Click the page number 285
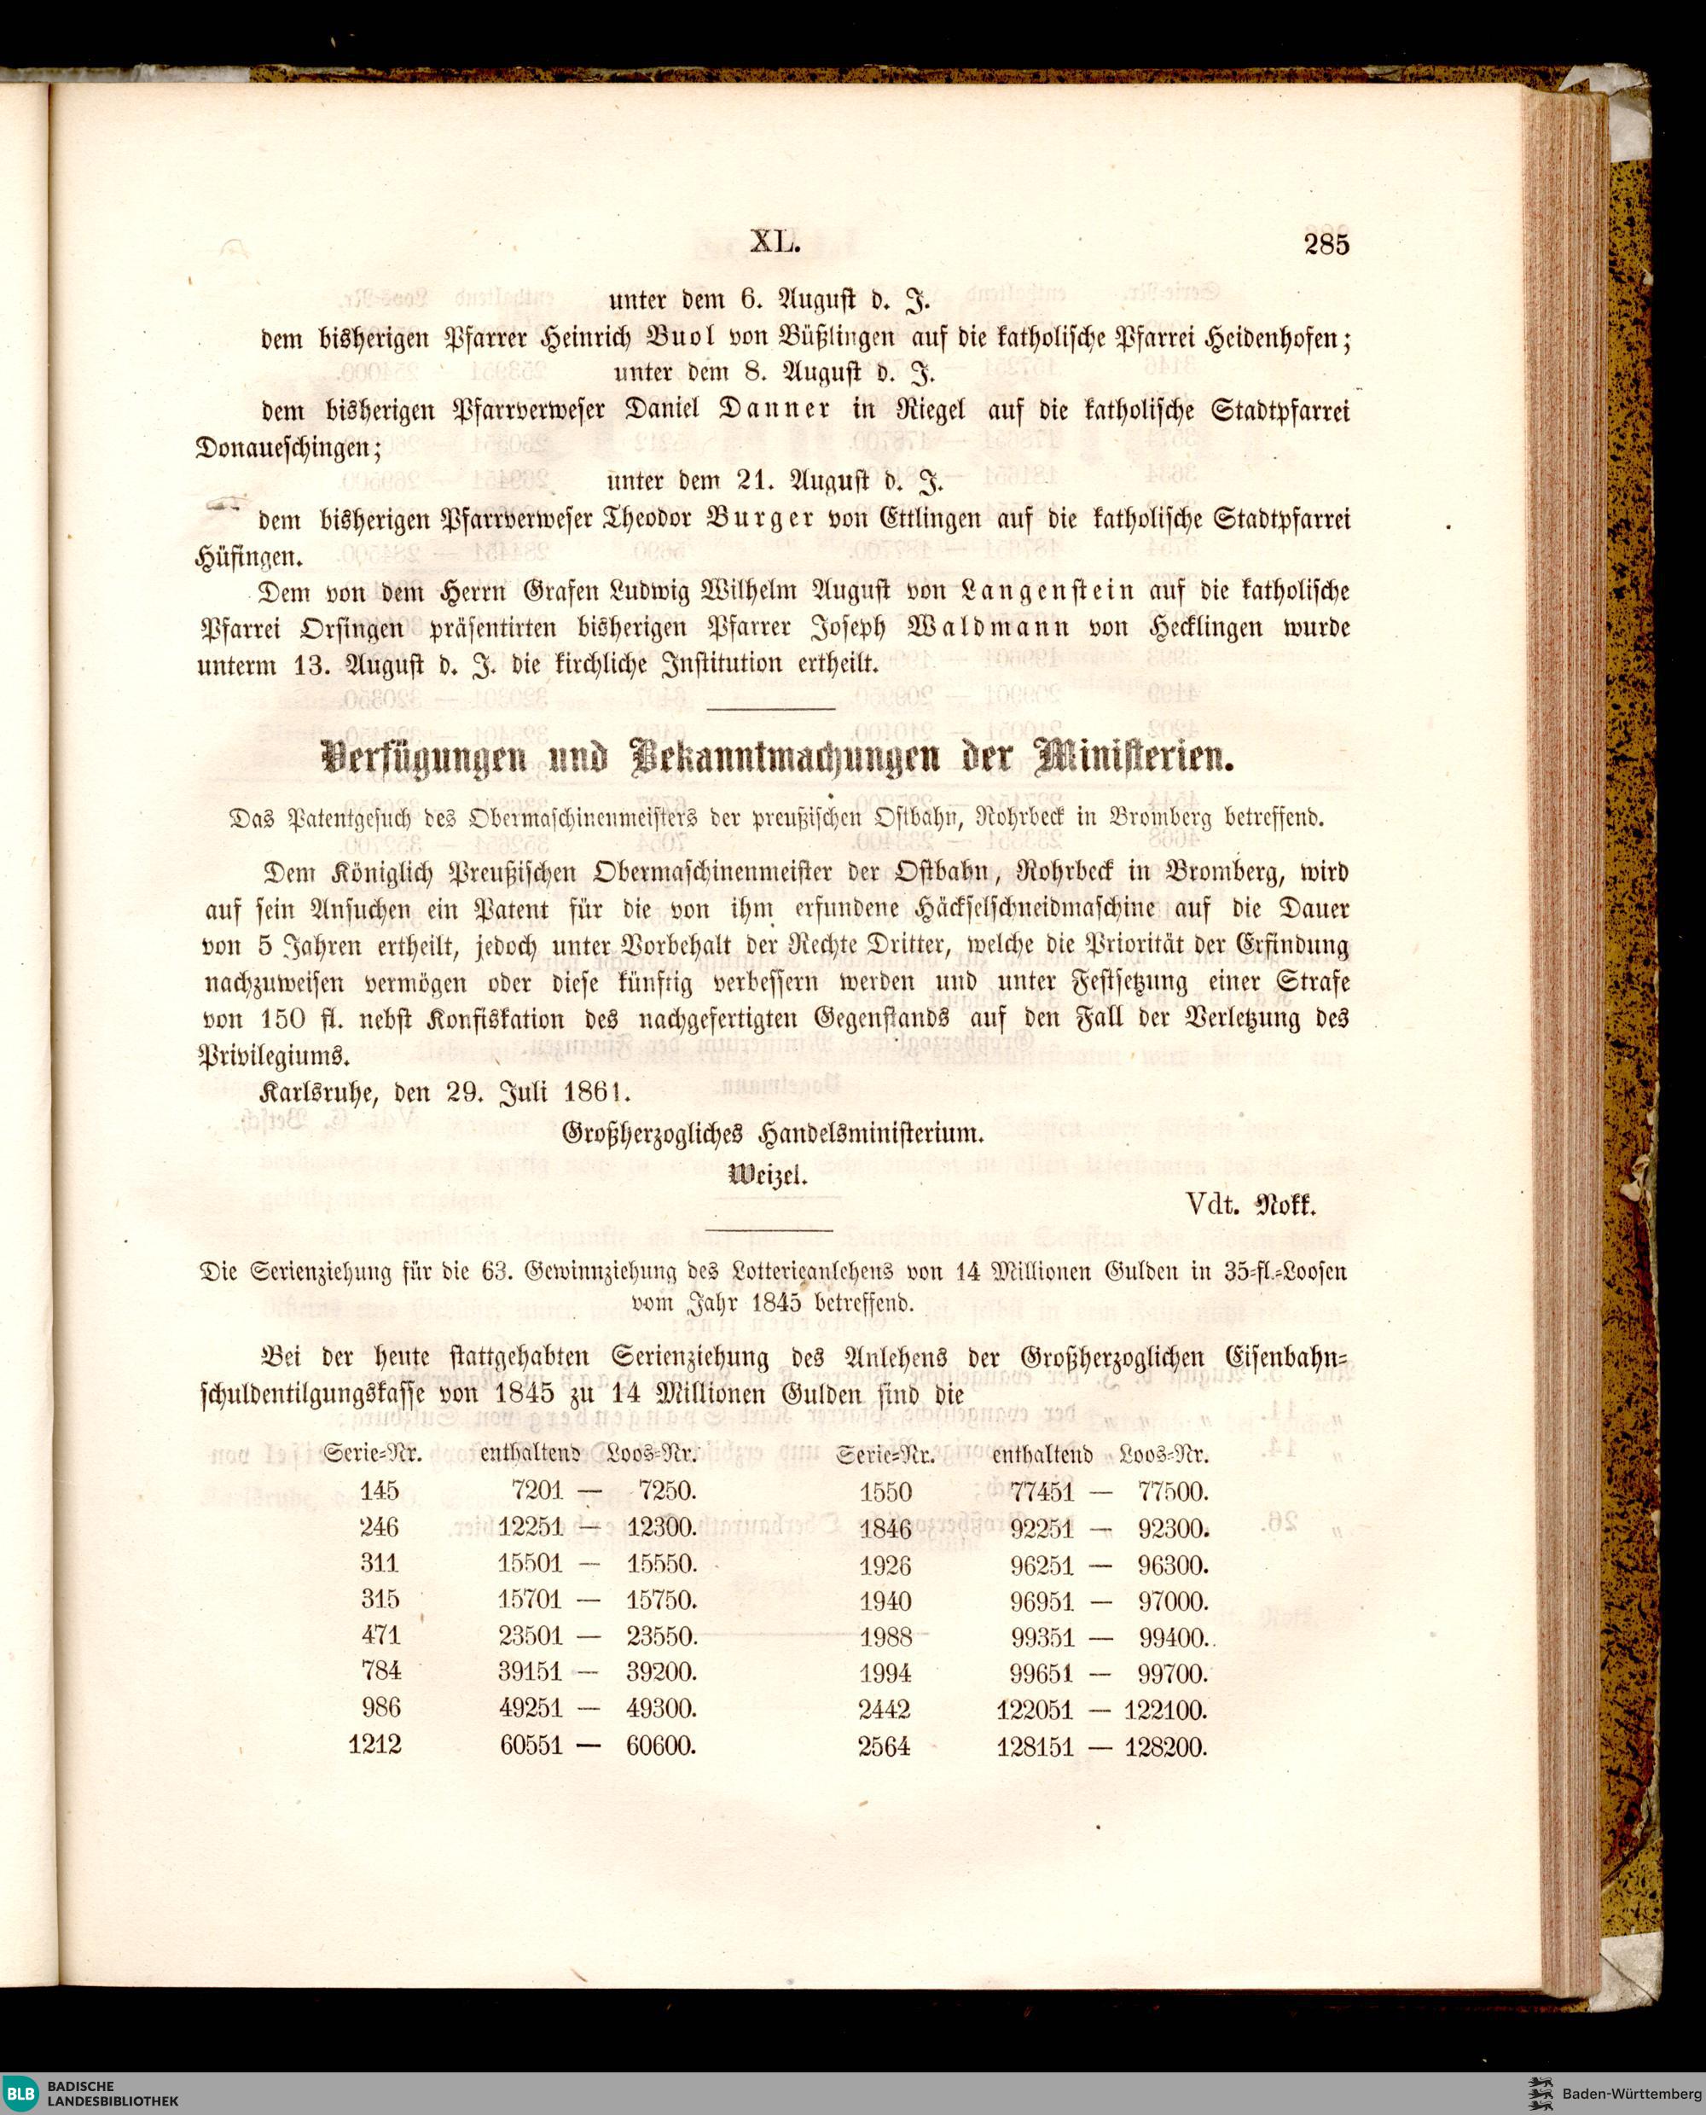pyautogui.click(x=1326, y=244)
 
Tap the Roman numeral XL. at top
pyautogui.click(x=775, y=241)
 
